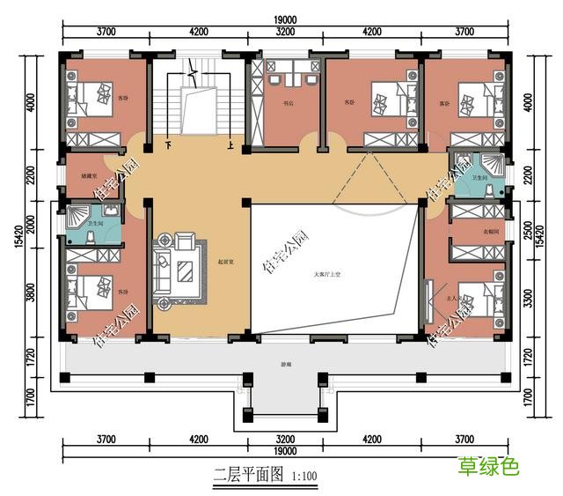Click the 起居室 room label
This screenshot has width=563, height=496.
[225, 262]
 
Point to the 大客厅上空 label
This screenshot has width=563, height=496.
[327, 275]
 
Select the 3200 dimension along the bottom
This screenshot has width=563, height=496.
[284, 439]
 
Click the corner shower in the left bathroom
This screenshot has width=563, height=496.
[78, 217]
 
